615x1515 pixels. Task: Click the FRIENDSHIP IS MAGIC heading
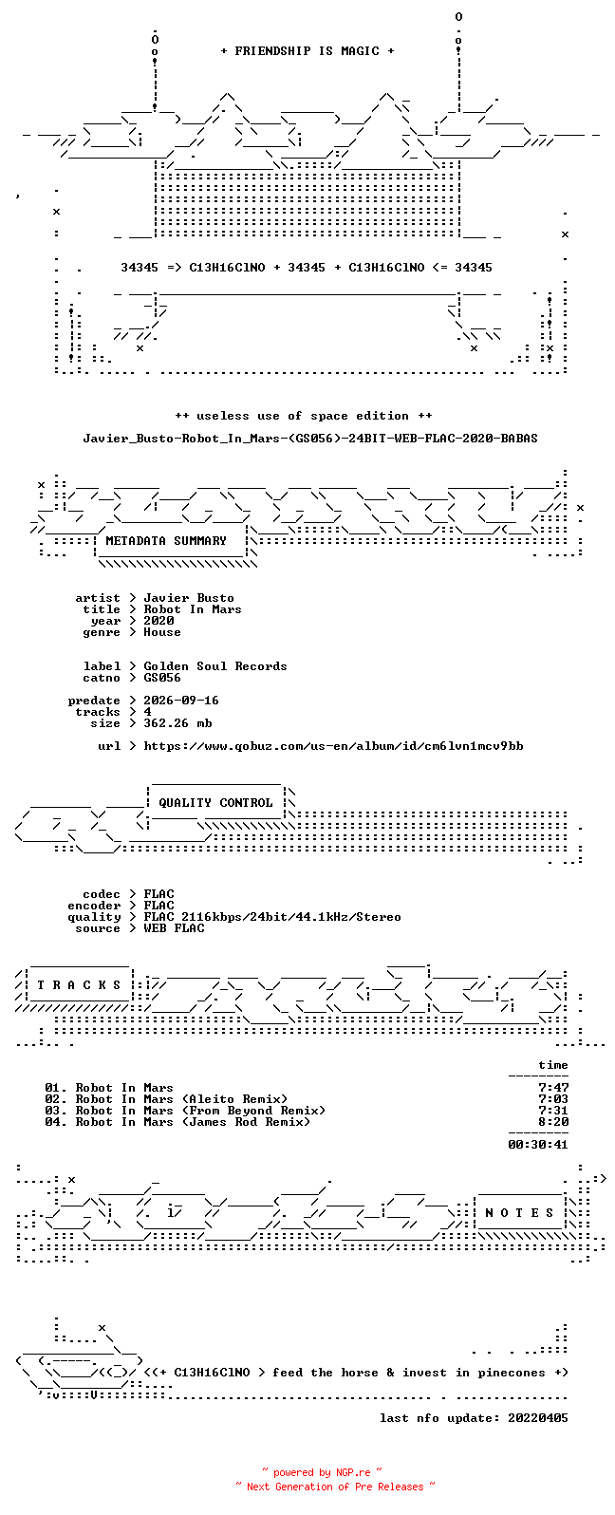tap(307, 51)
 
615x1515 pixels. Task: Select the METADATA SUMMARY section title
tap(166, 541)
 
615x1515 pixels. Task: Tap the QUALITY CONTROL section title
tap(215, 803)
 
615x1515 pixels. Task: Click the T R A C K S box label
tap(79, 985)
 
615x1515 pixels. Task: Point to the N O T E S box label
tap(519, 1213)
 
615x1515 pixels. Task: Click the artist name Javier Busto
tap(189, 598)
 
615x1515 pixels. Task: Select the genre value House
tap(162, 632)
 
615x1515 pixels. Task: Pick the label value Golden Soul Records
tap(215, 666)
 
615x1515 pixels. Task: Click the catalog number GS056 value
tap(162, 678)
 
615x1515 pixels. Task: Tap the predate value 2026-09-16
tap(181, 701)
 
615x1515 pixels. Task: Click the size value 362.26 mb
tap(177, 723)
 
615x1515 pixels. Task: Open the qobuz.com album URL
tap(333, 747)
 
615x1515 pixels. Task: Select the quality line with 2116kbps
tap(272, 917)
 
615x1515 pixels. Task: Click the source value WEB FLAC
tap(174, 928)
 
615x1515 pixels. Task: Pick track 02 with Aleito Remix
tap(166, 1099)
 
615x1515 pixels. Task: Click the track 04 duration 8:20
tap(553, 1122)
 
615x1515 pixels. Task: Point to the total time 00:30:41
tap(538, 1145)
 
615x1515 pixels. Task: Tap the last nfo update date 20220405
tap(538, 1418)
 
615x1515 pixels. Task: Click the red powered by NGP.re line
tap(322, 1472)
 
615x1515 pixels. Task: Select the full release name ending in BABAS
tap(310, 439)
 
